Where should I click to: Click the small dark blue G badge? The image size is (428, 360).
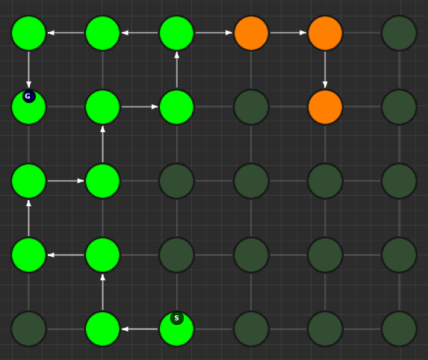[29, 96]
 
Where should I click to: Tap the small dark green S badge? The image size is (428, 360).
[177, 318]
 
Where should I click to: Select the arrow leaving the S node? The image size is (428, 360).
[140, 329]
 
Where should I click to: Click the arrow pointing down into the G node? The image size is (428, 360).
[28, 69]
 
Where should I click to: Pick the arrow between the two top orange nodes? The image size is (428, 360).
[288, 33]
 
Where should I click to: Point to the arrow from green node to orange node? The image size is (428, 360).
[214, 33]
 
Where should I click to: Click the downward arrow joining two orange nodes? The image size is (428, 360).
[325, 69]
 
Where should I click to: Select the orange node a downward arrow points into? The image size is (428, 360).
[325, 107]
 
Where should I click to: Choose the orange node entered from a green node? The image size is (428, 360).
[251, 33]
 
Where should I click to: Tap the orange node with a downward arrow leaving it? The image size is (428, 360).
[325, 33]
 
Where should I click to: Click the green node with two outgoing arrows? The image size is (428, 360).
[176, 33]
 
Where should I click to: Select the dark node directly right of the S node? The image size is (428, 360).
[251, 329]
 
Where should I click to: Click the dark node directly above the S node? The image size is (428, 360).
[176, 255]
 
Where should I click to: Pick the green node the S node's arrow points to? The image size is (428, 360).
[102, 329]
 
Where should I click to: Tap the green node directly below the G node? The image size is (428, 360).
[28, 181]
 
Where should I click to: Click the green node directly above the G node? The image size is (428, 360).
[28, 33]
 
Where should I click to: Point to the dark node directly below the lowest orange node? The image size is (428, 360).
[325, 181]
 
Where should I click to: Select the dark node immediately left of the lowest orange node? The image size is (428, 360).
[251, 107]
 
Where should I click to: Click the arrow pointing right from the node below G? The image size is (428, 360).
[66, 181]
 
